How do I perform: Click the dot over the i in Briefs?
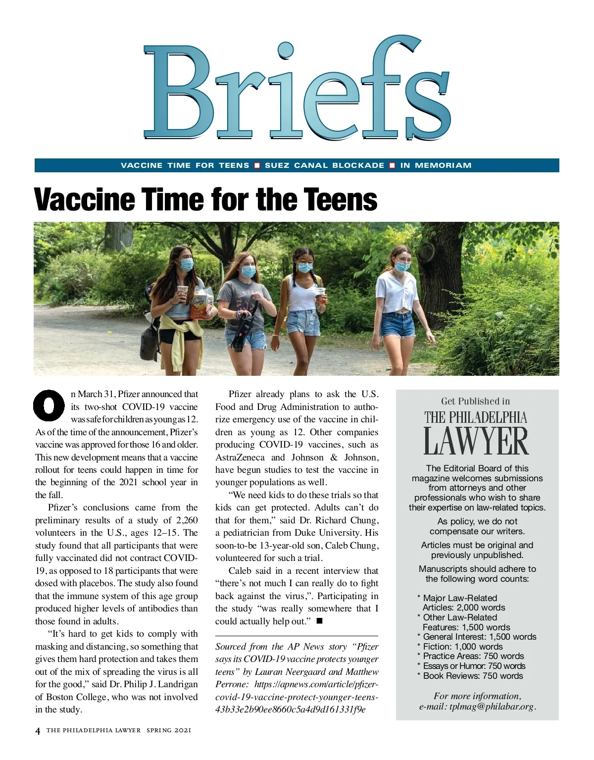pos(286,50)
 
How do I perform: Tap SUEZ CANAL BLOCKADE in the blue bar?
pos(324,165)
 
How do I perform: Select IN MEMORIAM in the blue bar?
pos(436,165)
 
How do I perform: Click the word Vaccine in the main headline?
pos(85,200)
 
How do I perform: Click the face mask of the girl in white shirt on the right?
pos(402,266)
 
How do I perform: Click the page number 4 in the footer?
pos(38,731)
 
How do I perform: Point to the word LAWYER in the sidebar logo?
pos(476,442)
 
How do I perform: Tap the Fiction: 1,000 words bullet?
pos(462,647)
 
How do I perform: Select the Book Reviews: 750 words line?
pos(472,676)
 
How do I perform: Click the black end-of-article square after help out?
pos(319,621)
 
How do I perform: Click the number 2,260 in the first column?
pos(187,520)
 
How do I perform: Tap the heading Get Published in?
pos(475,402)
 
